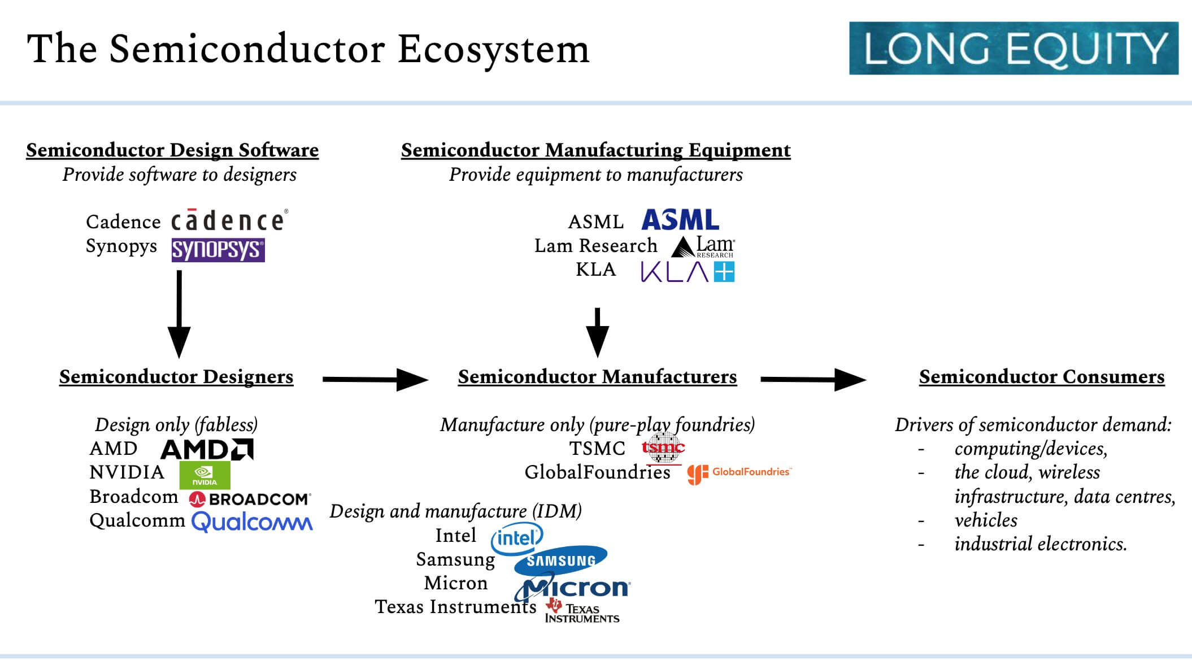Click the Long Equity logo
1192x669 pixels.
pyautogui.click(x=1013, y=48)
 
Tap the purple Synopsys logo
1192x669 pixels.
pyautogui.click(x=218, y=250)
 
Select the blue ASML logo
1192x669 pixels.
pyautogui.click(x=680, y=220)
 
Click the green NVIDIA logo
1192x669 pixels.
pyautogui.click(x=205, y=475)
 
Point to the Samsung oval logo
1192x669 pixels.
pyautogui.click(x=560, y=559)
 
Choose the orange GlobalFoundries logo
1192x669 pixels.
pyautogui.click(x=739, y=473)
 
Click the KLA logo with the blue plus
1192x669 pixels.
pyautogui.click(x=688, y=272)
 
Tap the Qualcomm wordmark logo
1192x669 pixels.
pyautogui.click(x=252, y=522)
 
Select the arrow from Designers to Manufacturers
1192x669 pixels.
pyautogui.click(x=375, y=380)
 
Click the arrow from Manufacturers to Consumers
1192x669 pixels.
pyautogui.click(x=813, y=380)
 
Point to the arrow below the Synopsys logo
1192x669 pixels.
pyautogui.click(x=179, y=314)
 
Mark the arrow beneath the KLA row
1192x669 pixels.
pyautogui.click(x=598, y=333)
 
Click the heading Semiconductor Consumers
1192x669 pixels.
pyautogui.click(x=1042, y=376)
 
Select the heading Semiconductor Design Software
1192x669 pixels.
pyautogui.click(x=172, y=150)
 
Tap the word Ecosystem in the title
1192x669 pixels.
pyautogui.click(x=494, y=49)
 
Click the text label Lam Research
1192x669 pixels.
pyautogui.click(x=596, y=246)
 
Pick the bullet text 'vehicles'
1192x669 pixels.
pyautogui.click(x=986, y=520)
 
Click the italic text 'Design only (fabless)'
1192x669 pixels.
pyautogui.click(x=176, y=424)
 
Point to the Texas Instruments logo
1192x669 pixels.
pyautogui.click(x=582, y=611)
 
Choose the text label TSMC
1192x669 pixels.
pyautogui.click(x=597, y=449)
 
